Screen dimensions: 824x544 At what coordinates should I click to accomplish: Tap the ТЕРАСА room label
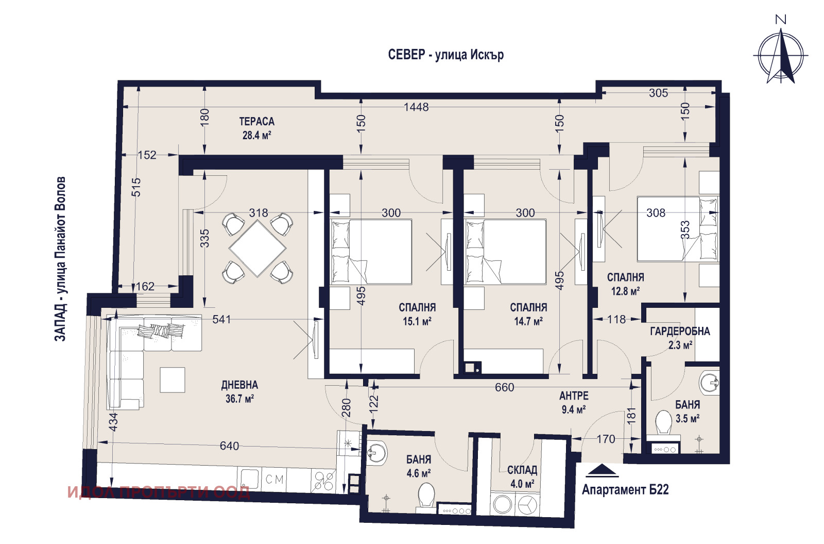257,121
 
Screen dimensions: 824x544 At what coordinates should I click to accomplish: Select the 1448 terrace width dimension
416,107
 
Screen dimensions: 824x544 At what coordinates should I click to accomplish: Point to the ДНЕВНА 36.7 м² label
239,392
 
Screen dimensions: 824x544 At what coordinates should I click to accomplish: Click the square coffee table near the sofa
173,380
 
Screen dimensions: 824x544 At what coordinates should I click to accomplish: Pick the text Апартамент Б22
625,489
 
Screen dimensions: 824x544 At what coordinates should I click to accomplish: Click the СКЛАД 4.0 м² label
522,476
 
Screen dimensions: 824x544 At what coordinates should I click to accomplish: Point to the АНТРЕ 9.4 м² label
574,402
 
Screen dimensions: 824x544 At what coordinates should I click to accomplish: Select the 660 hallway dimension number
504,387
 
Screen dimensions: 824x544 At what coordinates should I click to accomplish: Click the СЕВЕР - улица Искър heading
446,55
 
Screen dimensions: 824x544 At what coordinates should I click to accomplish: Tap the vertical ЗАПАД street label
60,259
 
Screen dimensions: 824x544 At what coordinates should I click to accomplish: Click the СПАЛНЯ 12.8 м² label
625,284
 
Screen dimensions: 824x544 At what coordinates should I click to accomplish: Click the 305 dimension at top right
658,93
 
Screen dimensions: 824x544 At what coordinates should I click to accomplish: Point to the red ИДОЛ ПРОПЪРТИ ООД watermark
159,492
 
